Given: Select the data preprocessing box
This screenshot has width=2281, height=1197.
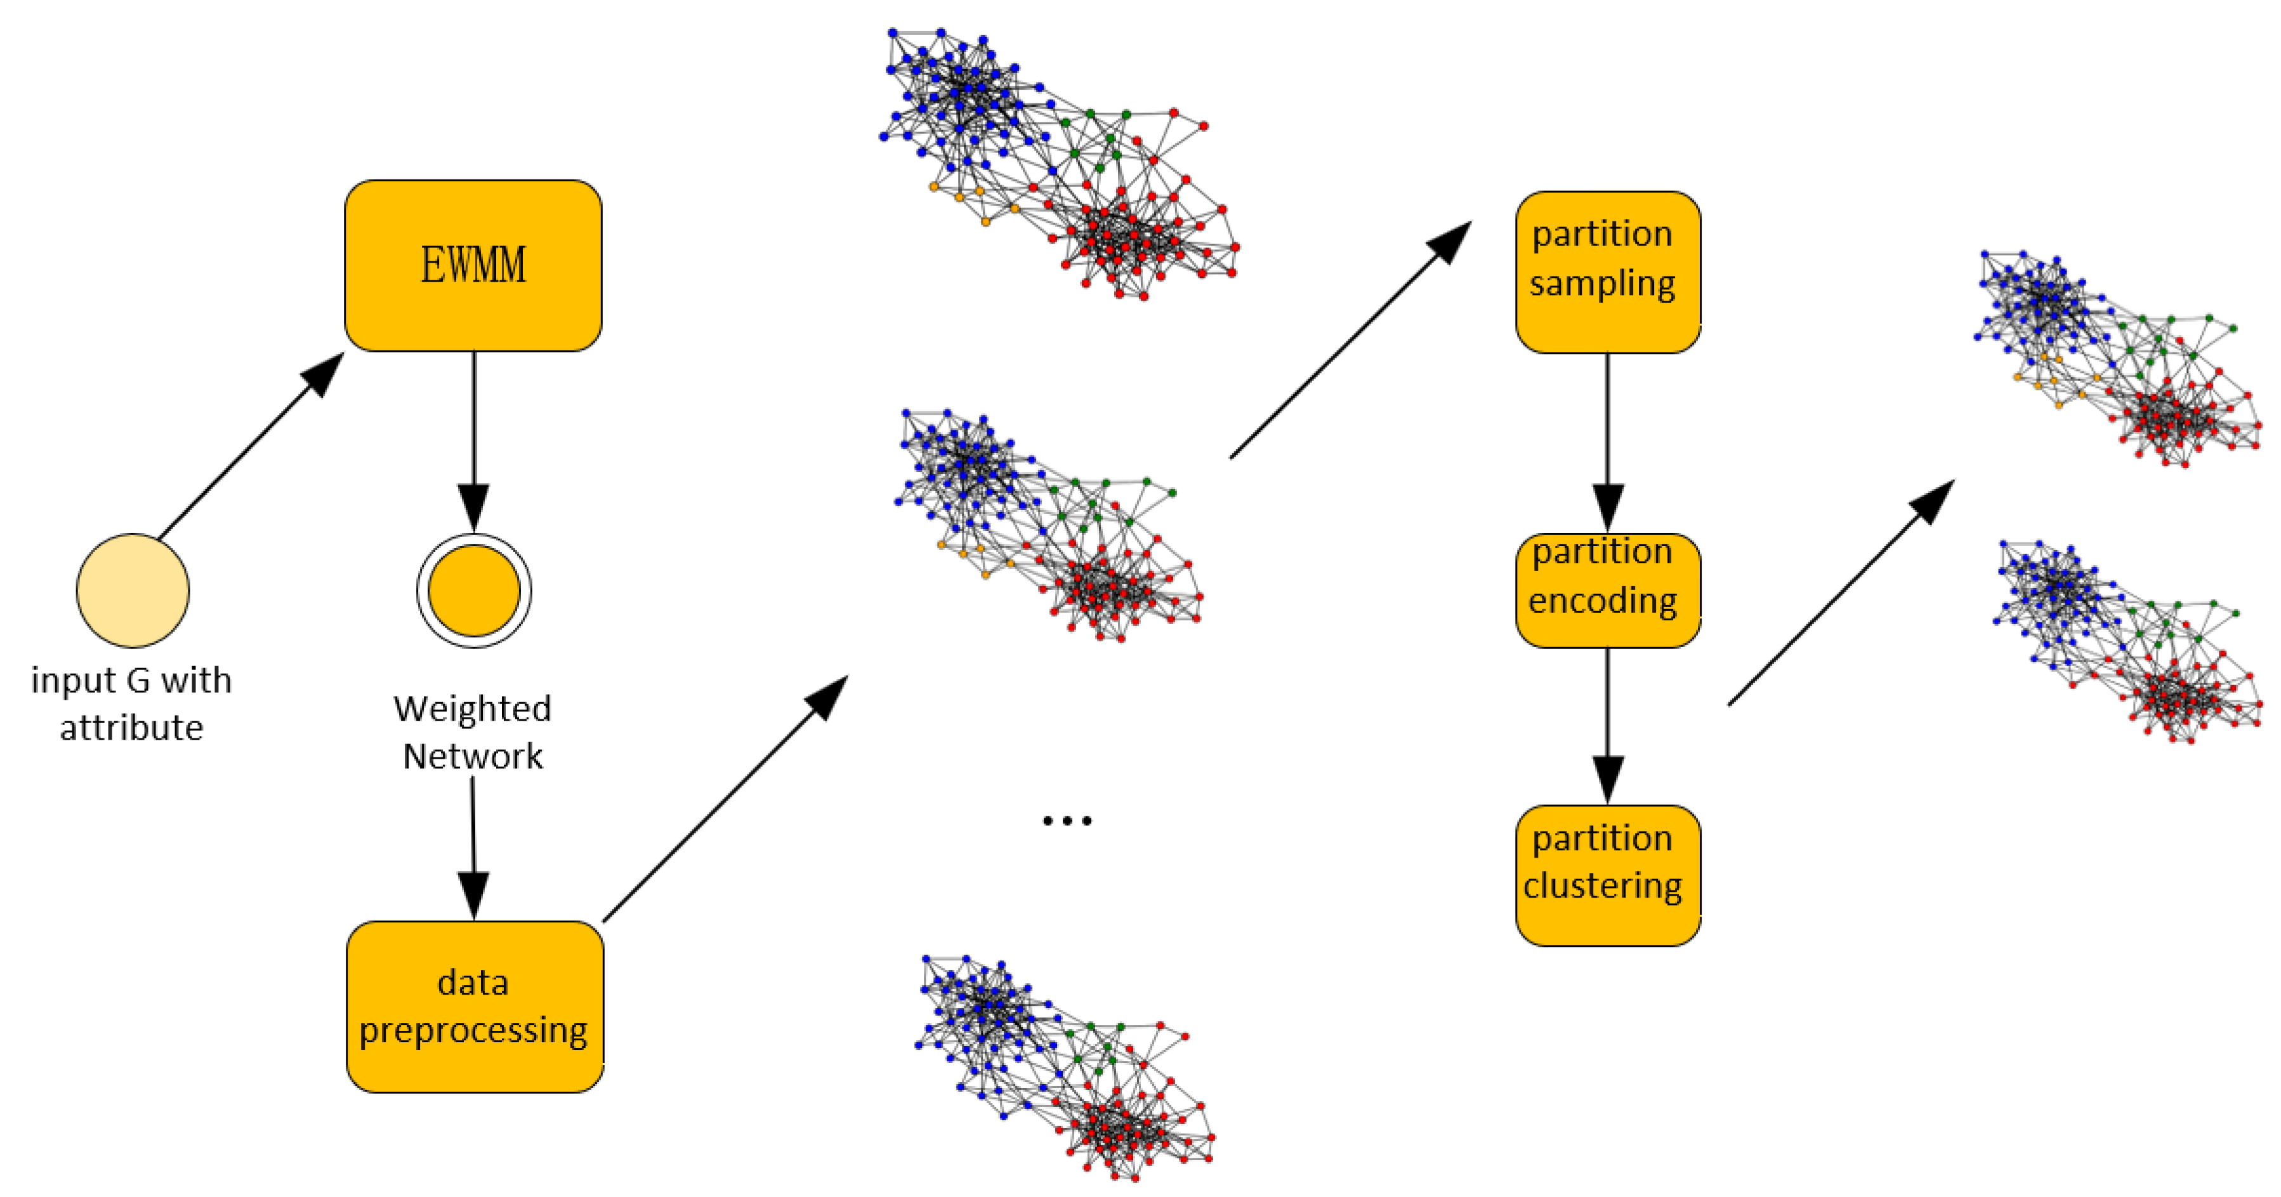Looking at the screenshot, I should [475, 1007].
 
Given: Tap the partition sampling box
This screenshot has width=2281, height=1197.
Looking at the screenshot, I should [1607, 271].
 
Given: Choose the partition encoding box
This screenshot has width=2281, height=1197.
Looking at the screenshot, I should [1607, 590].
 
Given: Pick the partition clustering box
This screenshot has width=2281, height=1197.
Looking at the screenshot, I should [1607, 875].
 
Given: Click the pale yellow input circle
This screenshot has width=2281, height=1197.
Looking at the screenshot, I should [133, 590].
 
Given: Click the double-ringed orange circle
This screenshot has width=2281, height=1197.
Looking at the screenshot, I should [474, 590].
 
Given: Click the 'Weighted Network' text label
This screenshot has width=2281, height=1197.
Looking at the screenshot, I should [473, 731].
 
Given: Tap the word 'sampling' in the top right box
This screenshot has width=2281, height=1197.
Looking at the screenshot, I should [1603, 284].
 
